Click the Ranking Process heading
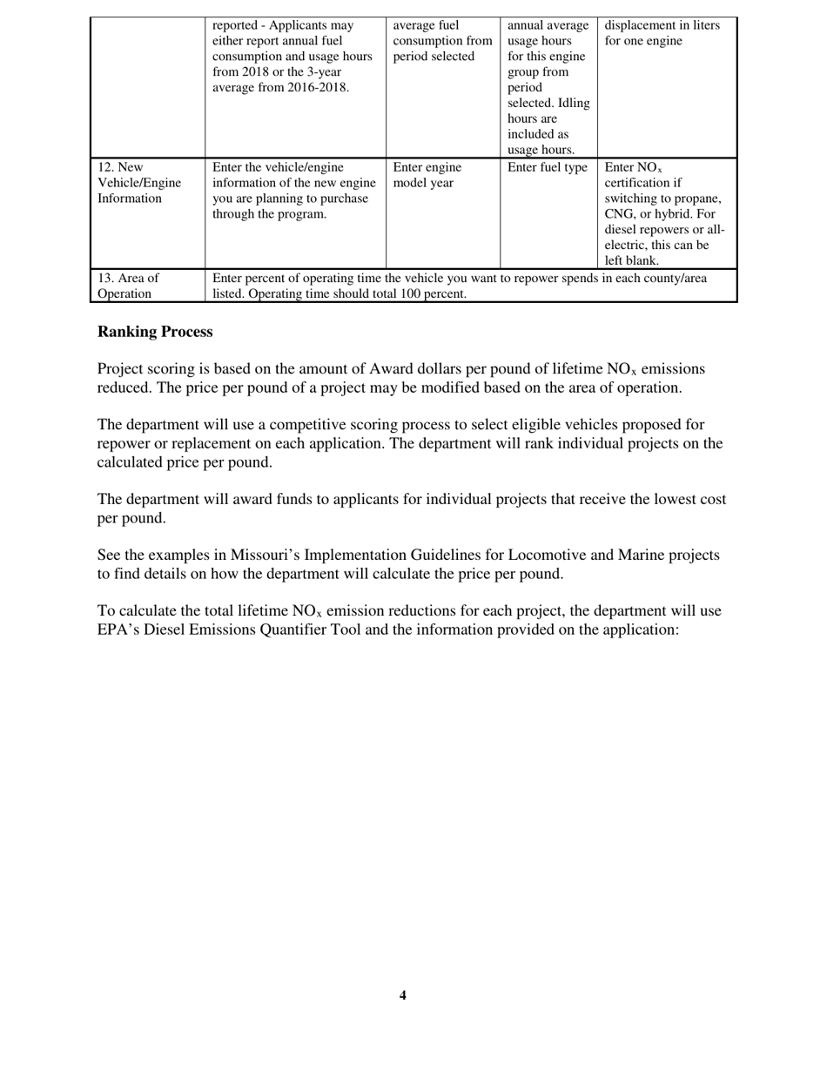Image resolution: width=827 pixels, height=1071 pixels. (x=155, y=332)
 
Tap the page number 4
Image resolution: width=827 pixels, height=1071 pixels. (x=402, y=995)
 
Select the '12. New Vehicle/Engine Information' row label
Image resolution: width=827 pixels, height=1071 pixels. (x=139, y=183)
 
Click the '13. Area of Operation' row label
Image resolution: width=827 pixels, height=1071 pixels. (x=128, y=286)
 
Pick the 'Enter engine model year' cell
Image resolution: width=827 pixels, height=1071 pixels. (x=427, y=175)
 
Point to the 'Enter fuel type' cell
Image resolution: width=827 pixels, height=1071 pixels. (x=548, y=167)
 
